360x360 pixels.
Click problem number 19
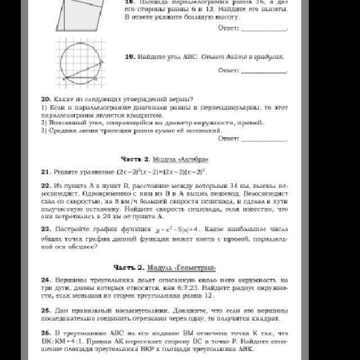(x=128, y=57)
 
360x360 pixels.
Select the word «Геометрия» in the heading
(x=196, y=267)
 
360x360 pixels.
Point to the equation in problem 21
(x=161, y=171)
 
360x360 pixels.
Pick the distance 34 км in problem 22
(x=223, y=184)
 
